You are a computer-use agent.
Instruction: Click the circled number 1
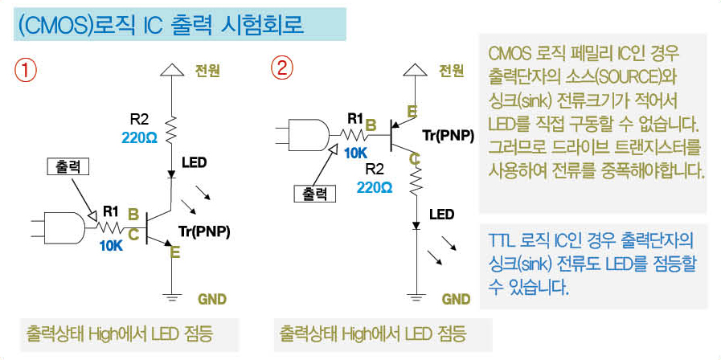pyautogui.click(x=25, y=71)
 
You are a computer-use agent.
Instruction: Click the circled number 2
pyautogui.click(x=281, y=69)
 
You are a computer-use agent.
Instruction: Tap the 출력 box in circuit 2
pyautogui.click(x=315, y=194)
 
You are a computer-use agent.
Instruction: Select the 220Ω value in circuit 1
pyautogui.click(x=140, y=138)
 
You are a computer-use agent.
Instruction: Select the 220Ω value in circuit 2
pyautogui.click(x=375, y=187)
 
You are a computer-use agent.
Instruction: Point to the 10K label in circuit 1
pyautogui.click(x=111, y=246)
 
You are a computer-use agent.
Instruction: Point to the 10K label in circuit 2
pyautogui.click(x=356, y=153)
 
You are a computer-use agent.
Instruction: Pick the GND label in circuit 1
pyautogui.click(x=212, y=299)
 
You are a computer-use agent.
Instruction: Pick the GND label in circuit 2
pyautogui.click(x=456, y=299)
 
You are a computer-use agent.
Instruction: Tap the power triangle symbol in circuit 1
pyautogui.click(x=171, y=69)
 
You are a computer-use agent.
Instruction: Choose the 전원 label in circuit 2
pyautogui.click(x=451, y=71)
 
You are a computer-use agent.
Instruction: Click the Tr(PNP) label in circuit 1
pyautogui.click(x=203, y=231)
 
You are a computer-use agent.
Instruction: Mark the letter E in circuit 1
pyautogui.click(x=175, y=252)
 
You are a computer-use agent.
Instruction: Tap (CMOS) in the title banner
pyautogui.click(x=55, y=25)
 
